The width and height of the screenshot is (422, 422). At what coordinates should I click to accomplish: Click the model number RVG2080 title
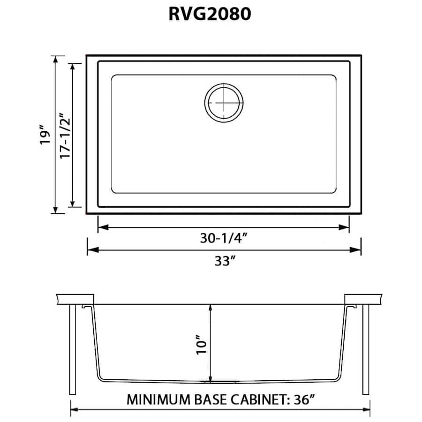pyautogui.click(x=210, y=15)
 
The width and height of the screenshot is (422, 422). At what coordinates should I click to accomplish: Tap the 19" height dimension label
pyautogui.click(x=45, y=135)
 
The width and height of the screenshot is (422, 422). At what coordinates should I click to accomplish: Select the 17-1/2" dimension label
pyautogui.click(x=66, y=135)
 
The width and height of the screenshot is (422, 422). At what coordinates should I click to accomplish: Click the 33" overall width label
pyautogui.click(x=223, y=261)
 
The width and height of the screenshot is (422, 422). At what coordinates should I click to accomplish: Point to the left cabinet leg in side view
pyautogui.click(x=73, y=349)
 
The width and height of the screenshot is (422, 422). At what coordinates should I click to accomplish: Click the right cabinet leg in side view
pyautogui.click(x=366, y=349)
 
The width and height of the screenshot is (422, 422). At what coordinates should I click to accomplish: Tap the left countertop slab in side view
pyautogui.click(x=75, y=299)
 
